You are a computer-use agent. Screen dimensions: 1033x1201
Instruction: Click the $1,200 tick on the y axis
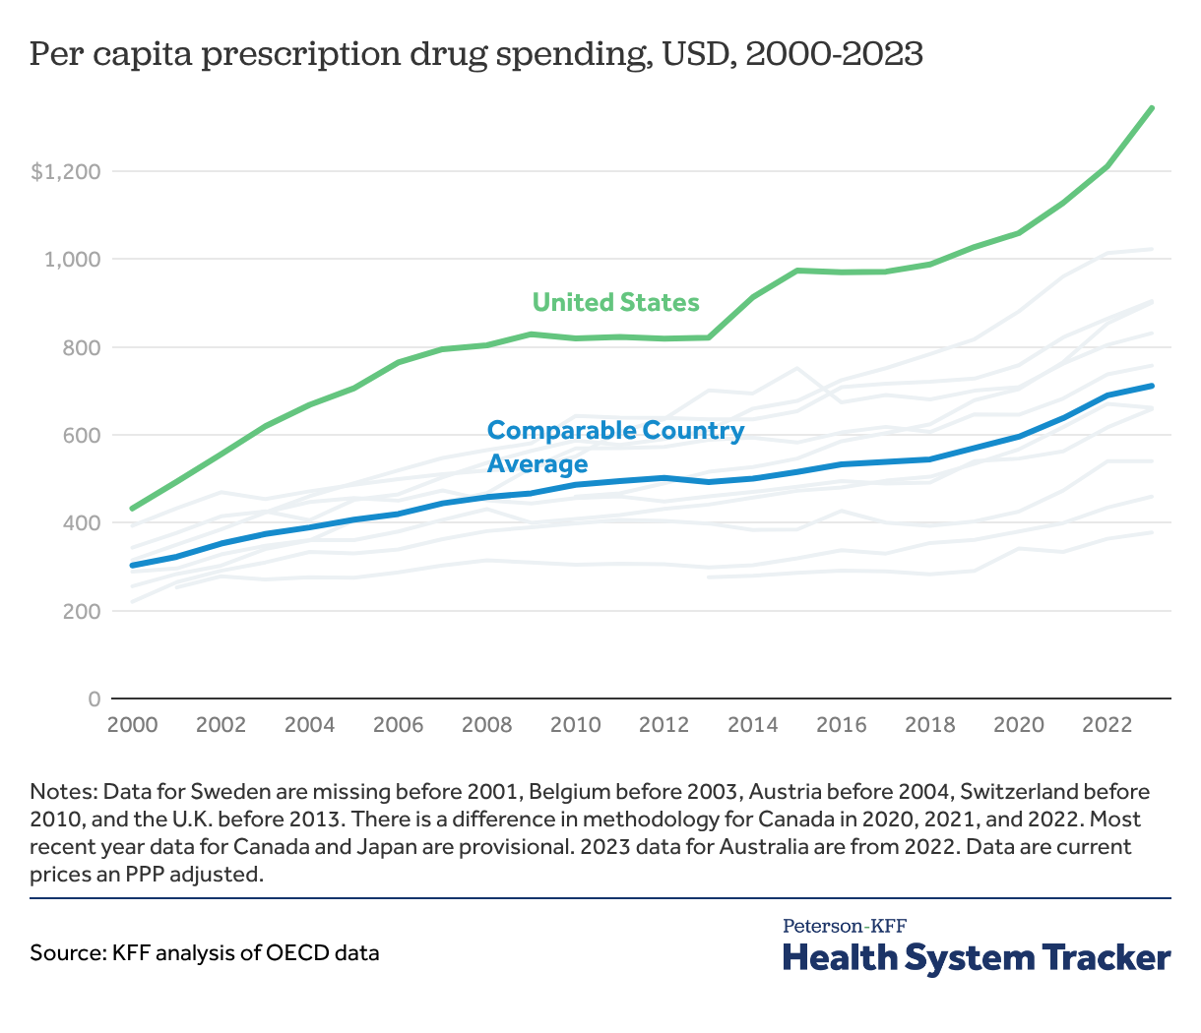66,172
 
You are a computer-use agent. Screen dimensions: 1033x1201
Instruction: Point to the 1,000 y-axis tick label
73,260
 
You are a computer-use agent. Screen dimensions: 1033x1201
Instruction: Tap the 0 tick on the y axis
95,699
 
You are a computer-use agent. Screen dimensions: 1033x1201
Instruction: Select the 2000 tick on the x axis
132,725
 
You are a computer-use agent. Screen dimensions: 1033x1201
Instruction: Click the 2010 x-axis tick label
575,725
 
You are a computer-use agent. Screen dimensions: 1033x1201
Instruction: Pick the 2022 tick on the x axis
1106,725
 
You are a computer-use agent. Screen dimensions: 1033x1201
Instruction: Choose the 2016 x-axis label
841,725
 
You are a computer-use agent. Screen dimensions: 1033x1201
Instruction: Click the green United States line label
615,302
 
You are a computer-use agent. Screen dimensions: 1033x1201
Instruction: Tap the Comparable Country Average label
615,447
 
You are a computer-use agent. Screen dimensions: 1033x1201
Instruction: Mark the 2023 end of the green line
1152,108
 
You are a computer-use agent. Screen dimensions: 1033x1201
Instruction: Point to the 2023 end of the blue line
1152,386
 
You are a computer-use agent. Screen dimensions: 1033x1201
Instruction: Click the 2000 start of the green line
132,509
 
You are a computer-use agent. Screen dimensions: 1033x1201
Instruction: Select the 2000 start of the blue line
132,566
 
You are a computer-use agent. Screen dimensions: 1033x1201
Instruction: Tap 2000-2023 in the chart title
834,54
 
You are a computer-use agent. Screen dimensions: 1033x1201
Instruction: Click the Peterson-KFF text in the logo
844,926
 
